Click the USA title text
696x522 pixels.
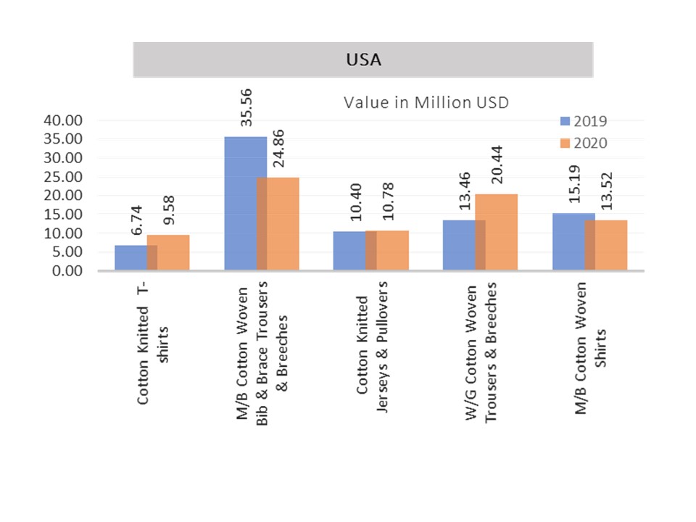(363, 60)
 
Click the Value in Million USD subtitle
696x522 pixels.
(426, 102)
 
